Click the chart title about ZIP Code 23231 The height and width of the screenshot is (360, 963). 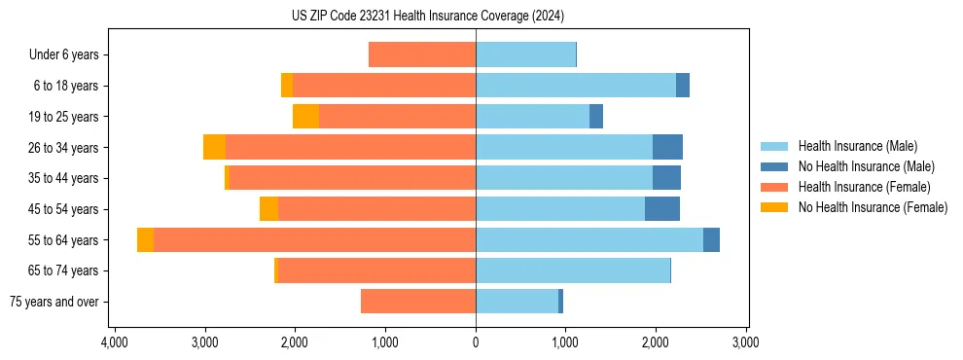click(428, 17)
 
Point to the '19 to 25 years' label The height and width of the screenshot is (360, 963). click(63, 117)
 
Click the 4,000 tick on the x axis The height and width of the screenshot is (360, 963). click(115, 342)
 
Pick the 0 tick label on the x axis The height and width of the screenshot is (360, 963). click(476, 342)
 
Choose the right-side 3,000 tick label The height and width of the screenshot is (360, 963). click(746, 342)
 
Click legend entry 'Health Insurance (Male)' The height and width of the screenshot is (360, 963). click(857, 146)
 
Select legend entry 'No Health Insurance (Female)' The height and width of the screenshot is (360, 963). click(873, 207)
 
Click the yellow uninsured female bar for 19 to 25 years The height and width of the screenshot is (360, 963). click(305, 117)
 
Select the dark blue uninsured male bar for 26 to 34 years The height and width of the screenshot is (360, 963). click(667, 148)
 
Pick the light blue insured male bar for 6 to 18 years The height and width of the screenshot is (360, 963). click(576, 86)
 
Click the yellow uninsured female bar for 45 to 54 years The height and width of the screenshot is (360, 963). click(268, 209)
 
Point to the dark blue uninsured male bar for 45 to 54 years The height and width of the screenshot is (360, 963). click(662, 209)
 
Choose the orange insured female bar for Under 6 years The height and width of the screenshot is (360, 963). click(422, 55)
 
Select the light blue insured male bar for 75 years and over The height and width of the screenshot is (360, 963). click(517, 302)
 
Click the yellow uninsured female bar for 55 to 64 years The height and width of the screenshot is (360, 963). click(145, 240)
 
